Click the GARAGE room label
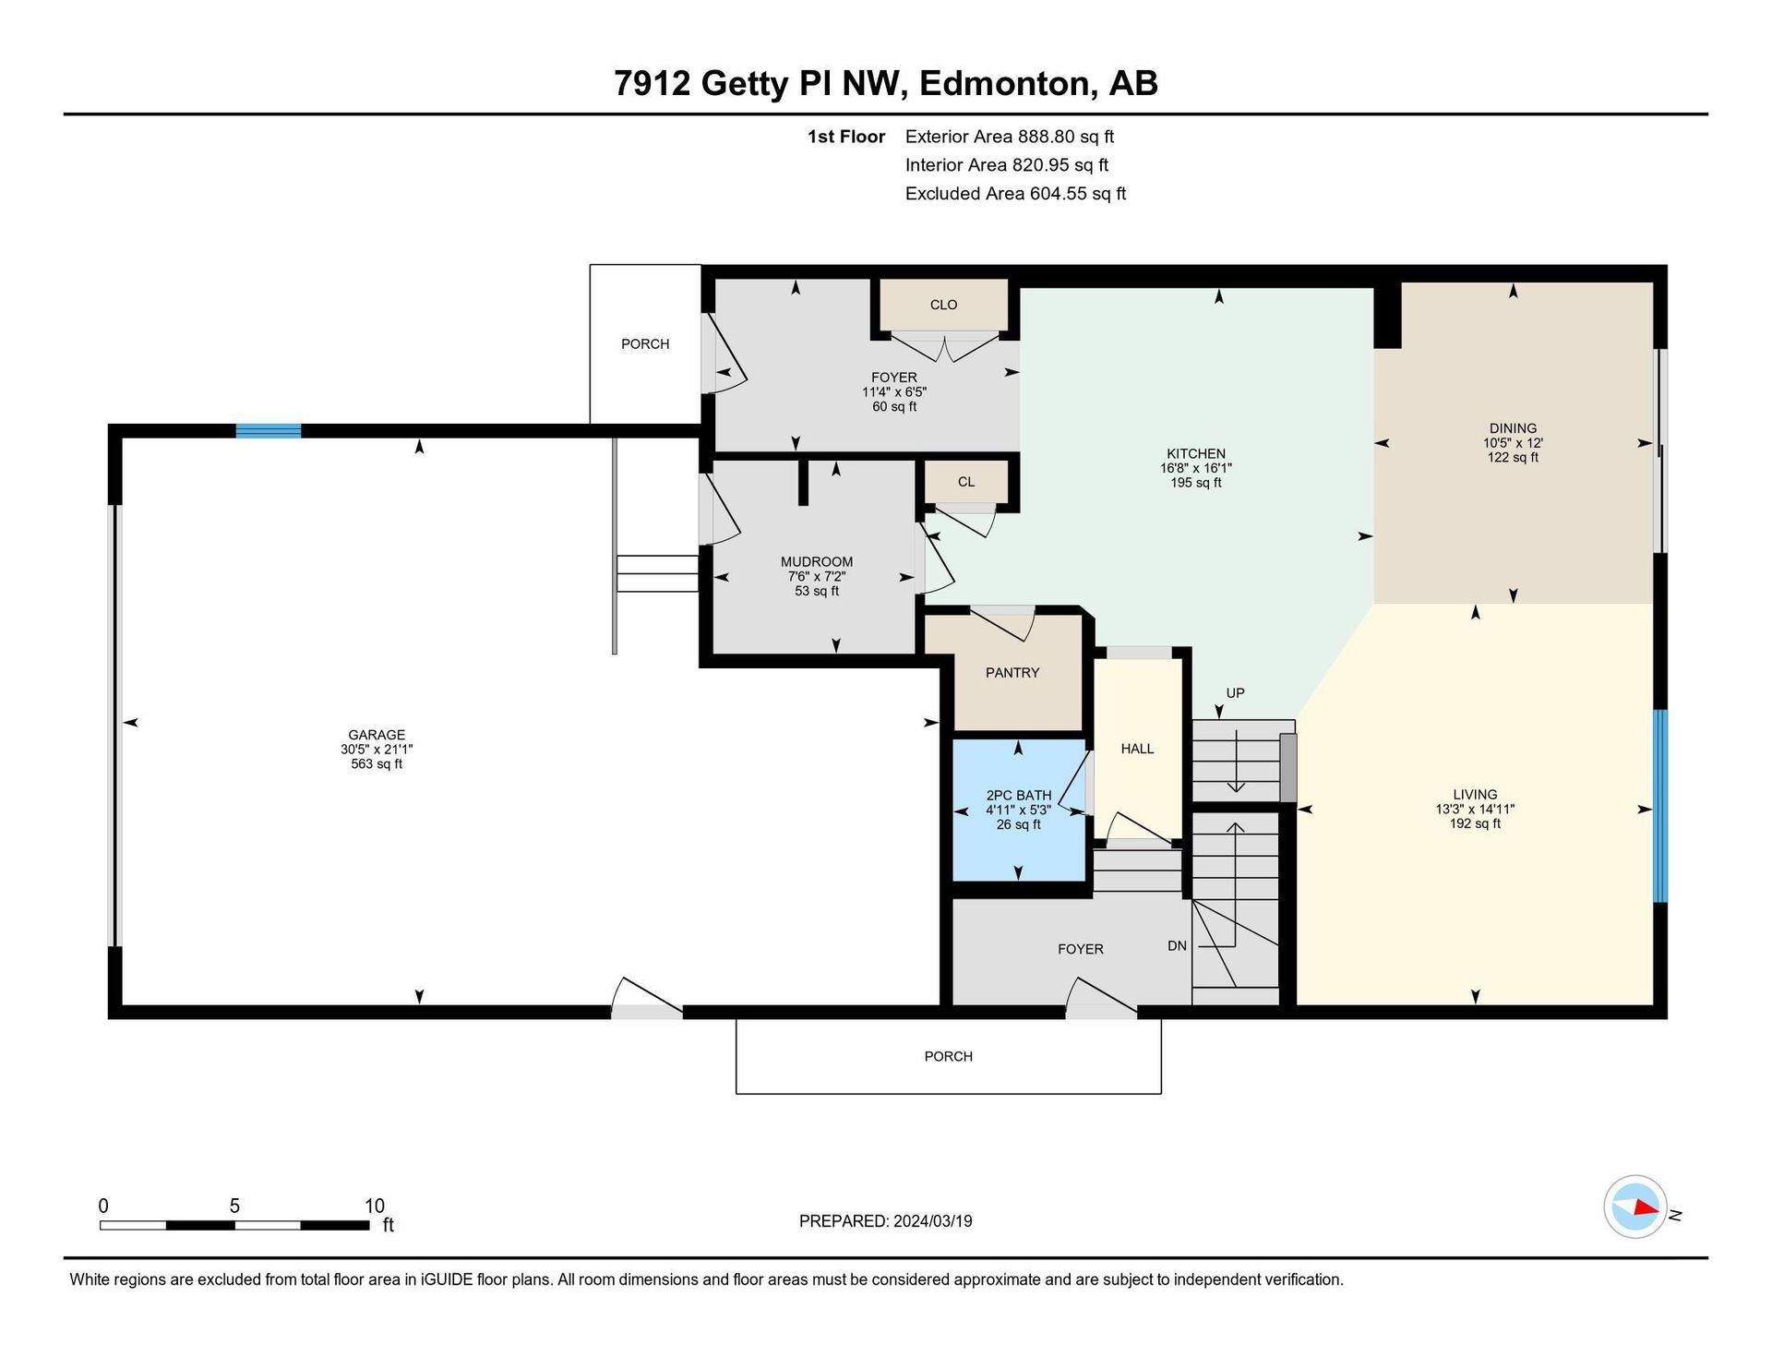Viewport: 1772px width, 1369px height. click(377, 735)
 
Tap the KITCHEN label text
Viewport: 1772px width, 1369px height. click(1196, 453)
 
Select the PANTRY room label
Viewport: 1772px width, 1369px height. click(1012, 673)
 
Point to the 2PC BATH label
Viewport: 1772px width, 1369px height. click(1019, 795)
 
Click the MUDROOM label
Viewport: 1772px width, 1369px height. click(817, 561)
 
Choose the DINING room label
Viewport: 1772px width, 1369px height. click(1513, 428)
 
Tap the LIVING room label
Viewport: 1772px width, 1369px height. click(1475, 794)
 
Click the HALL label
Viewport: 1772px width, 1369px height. click(1137, 749)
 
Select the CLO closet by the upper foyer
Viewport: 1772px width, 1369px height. click(943, 305)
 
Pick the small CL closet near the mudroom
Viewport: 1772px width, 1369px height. click(966, 482)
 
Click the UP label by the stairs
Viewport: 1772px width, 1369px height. click(1235, 693)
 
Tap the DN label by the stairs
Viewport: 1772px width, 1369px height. click(1177, 946)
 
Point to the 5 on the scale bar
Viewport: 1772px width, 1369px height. click(234, 1206)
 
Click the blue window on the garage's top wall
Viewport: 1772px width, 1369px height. click(268, 430)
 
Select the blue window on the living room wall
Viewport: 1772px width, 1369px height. click(1659, 806)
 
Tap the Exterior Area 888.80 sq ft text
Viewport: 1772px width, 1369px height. click(1009, 137)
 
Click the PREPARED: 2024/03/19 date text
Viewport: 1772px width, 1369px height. click(885, 1221)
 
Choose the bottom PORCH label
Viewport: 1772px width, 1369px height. click(948, 1056)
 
